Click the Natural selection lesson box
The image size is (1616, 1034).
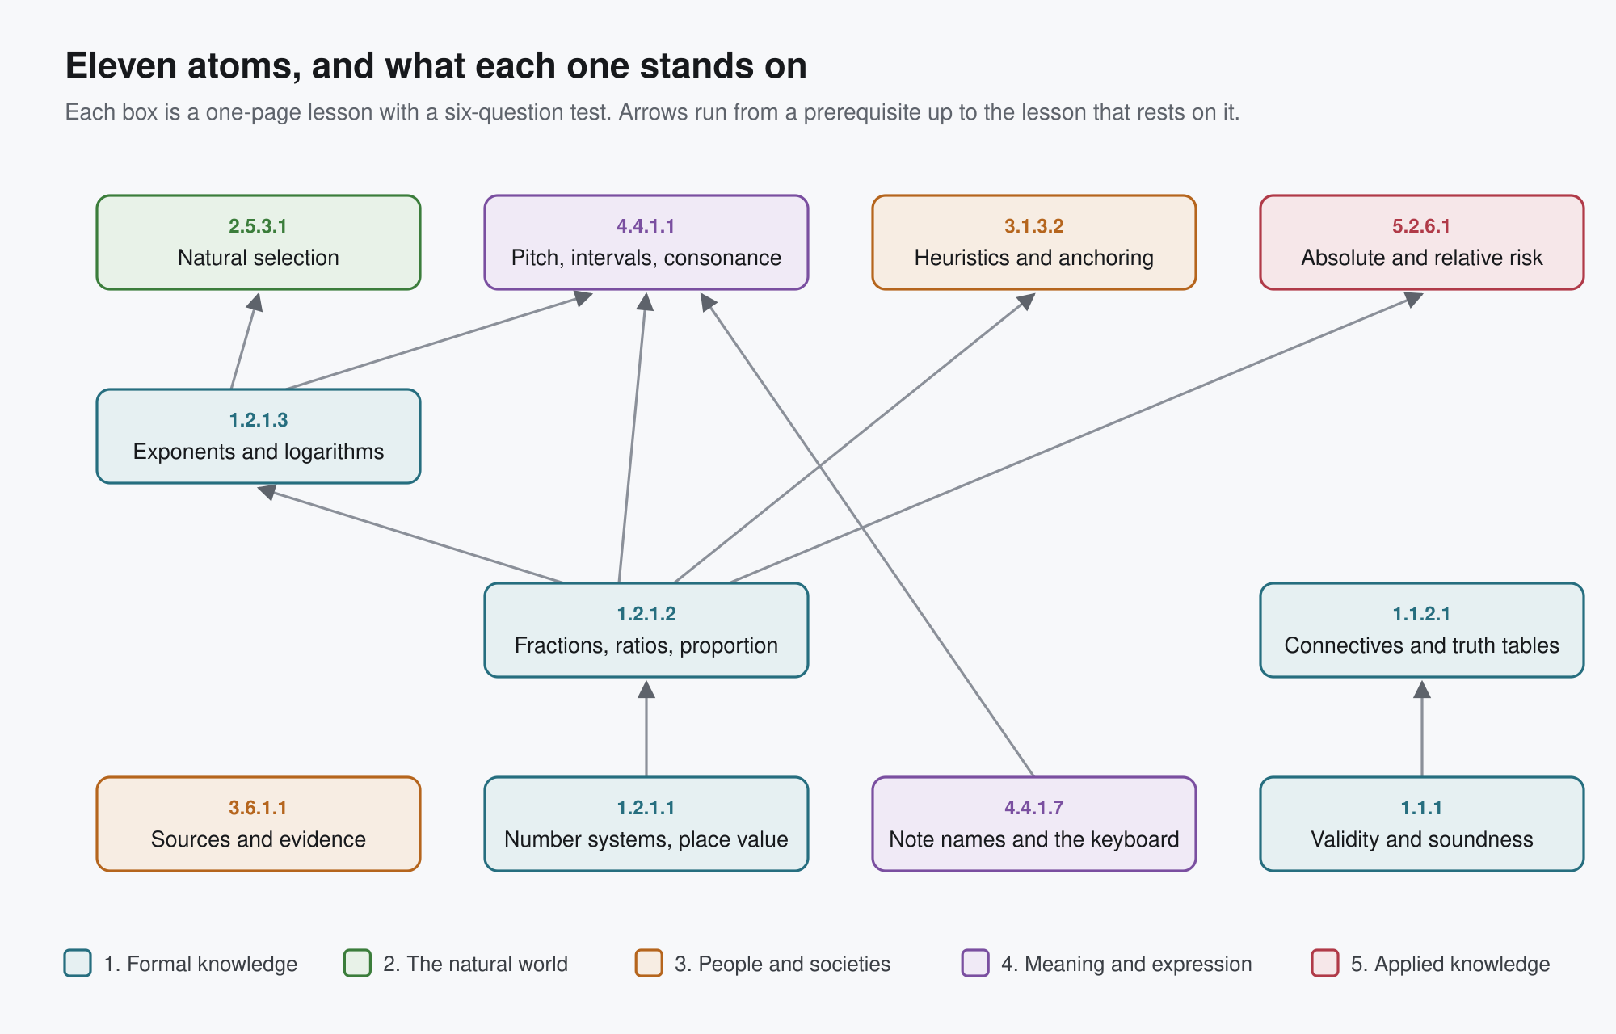coord(259,242)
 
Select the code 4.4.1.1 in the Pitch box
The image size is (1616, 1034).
coord(646,226)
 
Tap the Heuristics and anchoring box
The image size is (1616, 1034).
coord(1034,242)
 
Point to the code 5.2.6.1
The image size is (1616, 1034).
coord(1421,226)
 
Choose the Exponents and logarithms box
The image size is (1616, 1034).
coord(259,436)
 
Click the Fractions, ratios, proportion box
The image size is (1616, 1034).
coord(646,630)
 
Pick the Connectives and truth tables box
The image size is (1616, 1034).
coord(1422,630)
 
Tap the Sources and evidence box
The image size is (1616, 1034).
coord(259,824)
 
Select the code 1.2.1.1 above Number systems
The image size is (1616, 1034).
coord(646,808)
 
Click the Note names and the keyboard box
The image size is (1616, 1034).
coord(1034,824)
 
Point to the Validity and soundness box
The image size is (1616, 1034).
coord(1422,824)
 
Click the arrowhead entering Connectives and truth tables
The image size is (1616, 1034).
coord(1422,689)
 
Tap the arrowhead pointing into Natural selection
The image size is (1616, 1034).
coord(255,302)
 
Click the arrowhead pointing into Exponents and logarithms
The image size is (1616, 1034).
coord(267,491)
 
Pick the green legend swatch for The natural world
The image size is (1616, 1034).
coord(357,963)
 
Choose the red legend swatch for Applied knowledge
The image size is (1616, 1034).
coord(1325,963)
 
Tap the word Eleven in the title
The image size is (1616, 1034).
coord(121,66)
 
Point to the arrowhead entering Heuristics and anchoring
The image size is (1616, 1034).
coord(1026,301)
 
